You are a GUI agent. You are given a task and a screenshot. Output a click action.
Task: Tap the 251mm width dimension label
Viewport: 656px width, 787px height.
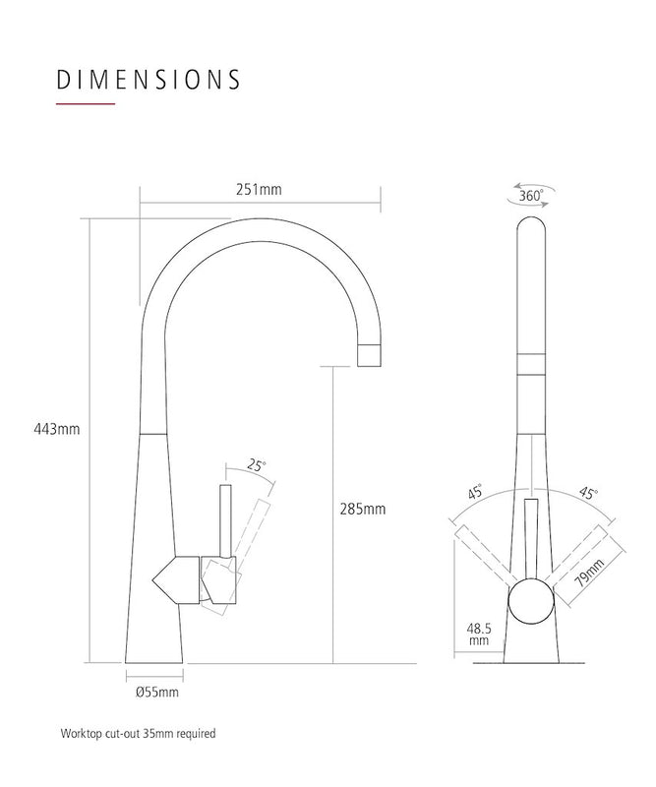point(261,189)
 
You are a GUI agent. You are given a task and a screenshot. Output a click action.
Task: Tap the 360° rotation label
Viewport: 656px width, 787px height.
point(530,195)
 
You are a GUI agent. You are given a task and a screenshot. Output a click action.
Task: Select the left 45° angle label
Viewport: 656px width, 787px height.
point(475,494)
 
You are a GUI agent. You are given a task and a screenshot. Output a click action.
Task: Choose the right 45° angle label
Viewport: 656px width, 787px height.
point(588,493)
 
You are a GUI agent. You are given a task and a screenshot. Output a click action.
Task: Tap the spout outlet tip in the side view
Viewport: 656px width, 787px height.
point(369,355)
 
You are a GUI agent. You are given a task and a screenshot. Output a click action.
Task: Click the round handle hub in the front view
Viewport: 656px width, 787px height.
point(530,602)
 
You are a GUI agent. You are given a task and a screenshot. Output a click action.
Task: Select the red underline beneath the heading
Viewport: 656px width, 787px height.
point(87,103)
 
